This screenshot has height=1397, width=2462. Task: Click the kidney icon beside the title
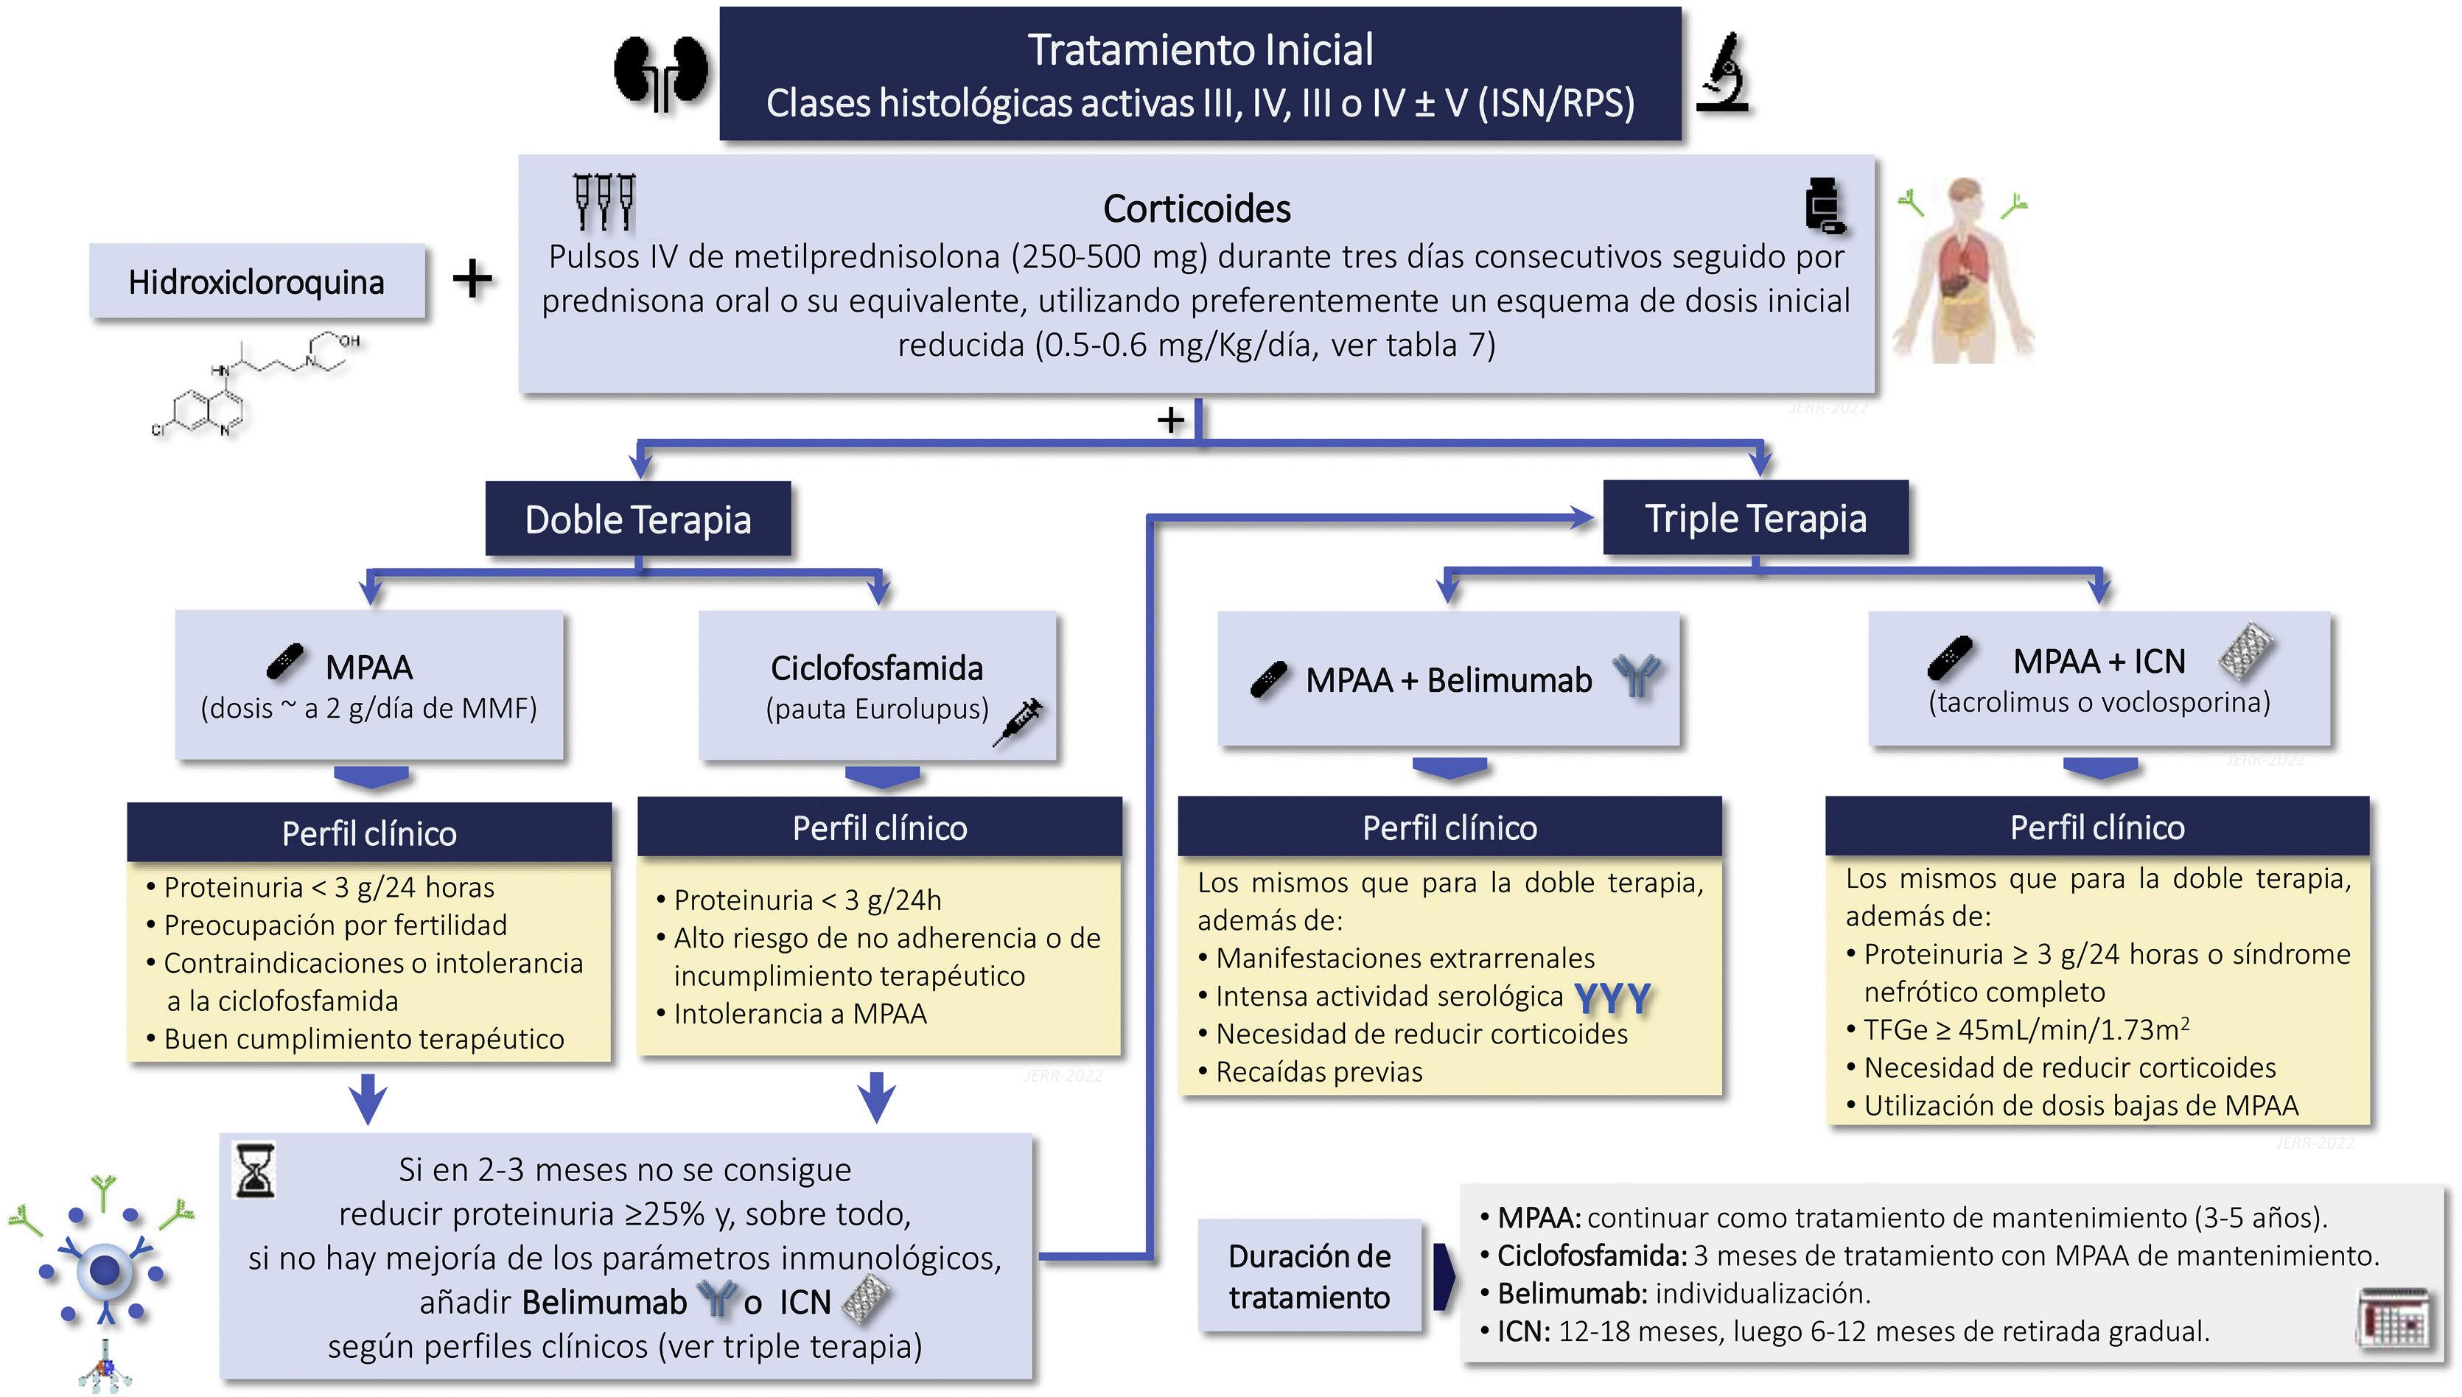click(x=661, y=73)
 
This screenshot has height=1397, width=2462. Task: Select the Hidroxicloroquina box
click(x=256, y=281)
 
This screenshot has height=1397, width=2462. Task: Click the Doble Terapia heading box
click(x=638, y=519)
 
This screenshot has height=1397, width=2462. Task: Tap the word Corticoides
click(x=1197, y=209)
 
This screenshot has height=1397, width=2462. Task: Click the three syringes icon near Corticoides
click(x=604, y=200)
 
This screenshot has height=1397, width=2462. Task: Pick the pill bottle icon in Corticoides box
click(x=1823, y=204)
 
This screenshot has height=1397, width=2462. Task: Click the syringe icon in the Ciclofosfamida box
click(x=1019, y=720)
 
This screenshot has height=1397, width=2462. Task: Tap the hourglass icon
click(x=255, y=1171)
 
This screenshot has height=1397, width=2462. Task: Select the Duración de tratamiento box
click(x=1309, y=1276)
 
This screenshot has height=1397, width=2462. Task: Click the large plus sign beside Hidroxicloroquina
click(x=472, y=279)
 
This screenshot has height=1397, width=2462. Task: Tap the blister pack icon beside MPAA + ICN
click(x=2246, y=652)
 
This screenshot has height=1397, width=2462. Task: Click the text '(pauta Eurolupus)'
click(x=877, y=709)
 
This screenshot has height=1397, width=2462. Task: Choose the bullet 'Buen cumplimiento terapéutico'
click(x=363, y=1039)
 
